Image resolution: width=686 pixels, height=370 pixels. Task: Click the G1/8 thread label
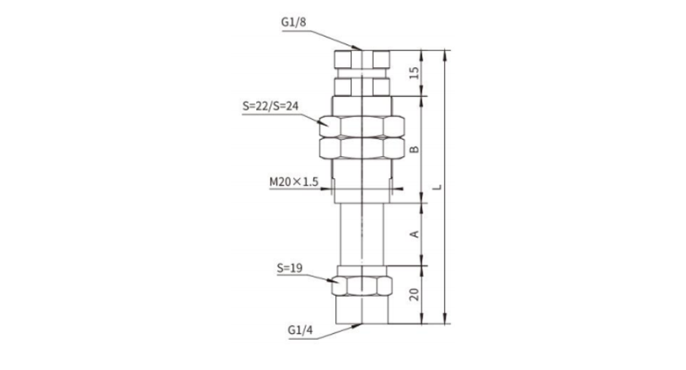point(294,22)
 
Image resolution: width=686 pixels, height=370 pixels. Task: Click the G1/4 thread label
point(301,330)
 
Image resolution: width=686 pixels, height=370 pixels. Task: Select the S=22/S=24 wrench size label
point(270,106)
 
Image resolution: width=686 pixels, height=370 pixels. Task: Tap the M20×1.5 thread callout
point(294,181)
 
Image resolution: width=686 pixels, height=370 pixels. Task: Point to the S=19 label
point(289,268)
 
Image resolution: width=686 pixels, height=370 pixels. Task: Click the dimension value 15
point(414,73)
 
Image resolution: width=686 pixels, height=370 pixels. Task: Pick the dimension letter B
point(414,149)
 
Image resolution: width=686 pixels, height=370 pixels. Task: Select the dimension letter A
point(414,234)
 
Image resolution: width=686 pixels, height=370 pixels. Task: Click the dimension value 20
point(414,294)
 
